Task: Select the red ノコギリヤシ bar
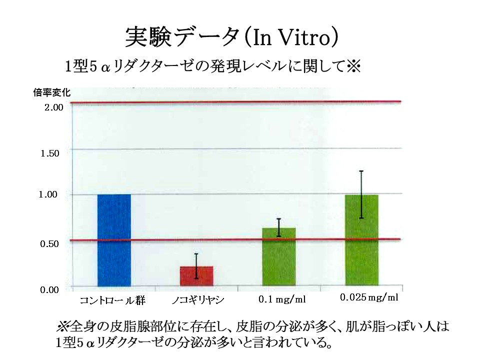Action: (196, 276)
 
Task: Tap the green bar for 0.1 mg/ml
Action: (279, 258)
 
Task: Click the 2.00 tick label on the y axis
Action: (51, 107)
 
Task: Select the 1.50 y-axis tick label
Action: (51, 152)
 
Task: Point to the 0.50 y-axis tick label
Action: (51, 243)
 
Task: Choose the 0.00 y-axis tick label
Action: (51, 289)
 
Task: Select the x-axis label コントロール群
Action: (112, 300)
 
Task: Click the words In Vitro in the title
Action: (290, 37)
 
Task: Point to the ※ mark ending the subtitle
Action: (353, 65)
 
